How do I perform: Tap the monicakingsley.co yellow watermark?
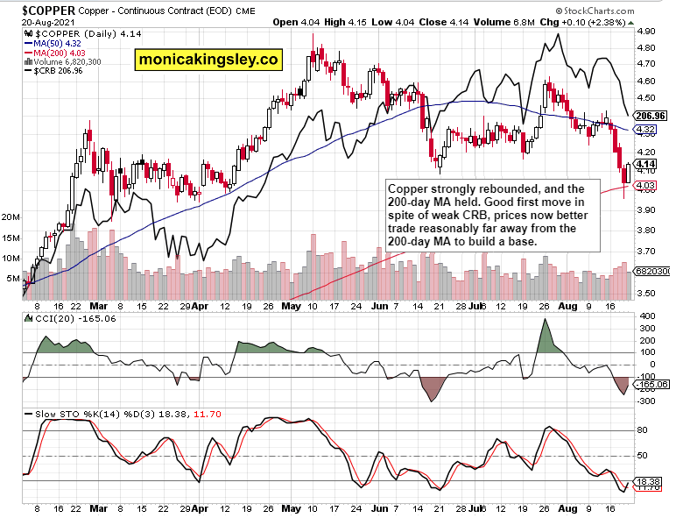point(208,60)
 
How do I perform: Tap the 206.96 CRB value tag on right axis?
point(651,115)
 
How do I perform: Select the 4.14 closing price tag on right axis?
point(646,164)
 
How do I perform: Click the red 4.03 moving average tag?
point(646,185)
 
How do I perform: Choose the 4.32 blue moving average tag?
point(646,130)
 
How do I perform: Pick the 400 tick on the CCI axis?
point(645,316)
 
